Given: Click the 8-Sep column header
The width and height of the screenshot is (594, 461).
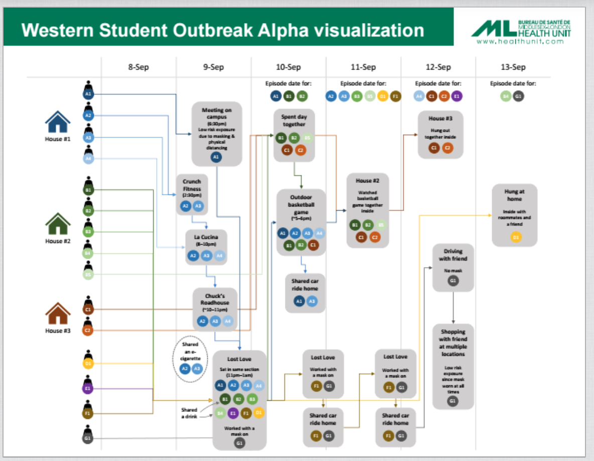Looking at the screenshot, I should click(x=138, y=67).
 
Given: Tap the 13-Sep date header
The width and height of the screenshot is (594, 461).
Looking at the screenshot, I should click(x=513, y=67).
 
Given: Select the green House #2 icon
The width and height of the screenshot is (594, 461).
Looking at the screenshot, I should click(x=58, y=224).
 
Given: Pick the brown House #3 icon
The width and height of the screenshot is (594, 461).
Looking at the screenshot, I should click(x=58, y=314).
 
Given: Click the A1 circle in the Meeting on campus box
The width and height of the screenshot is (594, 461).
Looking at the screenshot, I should click(x=216, y=157).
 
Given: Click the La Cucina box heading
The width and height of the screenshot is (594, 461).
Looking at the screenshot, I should click(x=206, y=237).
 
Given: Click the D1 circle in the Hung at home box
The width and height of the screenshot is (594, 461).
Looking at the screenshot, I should click(x=515, y=237).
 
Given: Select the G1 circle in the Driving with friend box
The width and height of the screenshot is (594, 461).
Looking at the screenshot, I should click(x=453, y=281).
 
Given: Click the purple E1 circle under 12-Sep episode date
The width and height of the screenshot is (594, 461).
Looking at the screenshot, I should click(x=457, y=96).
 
